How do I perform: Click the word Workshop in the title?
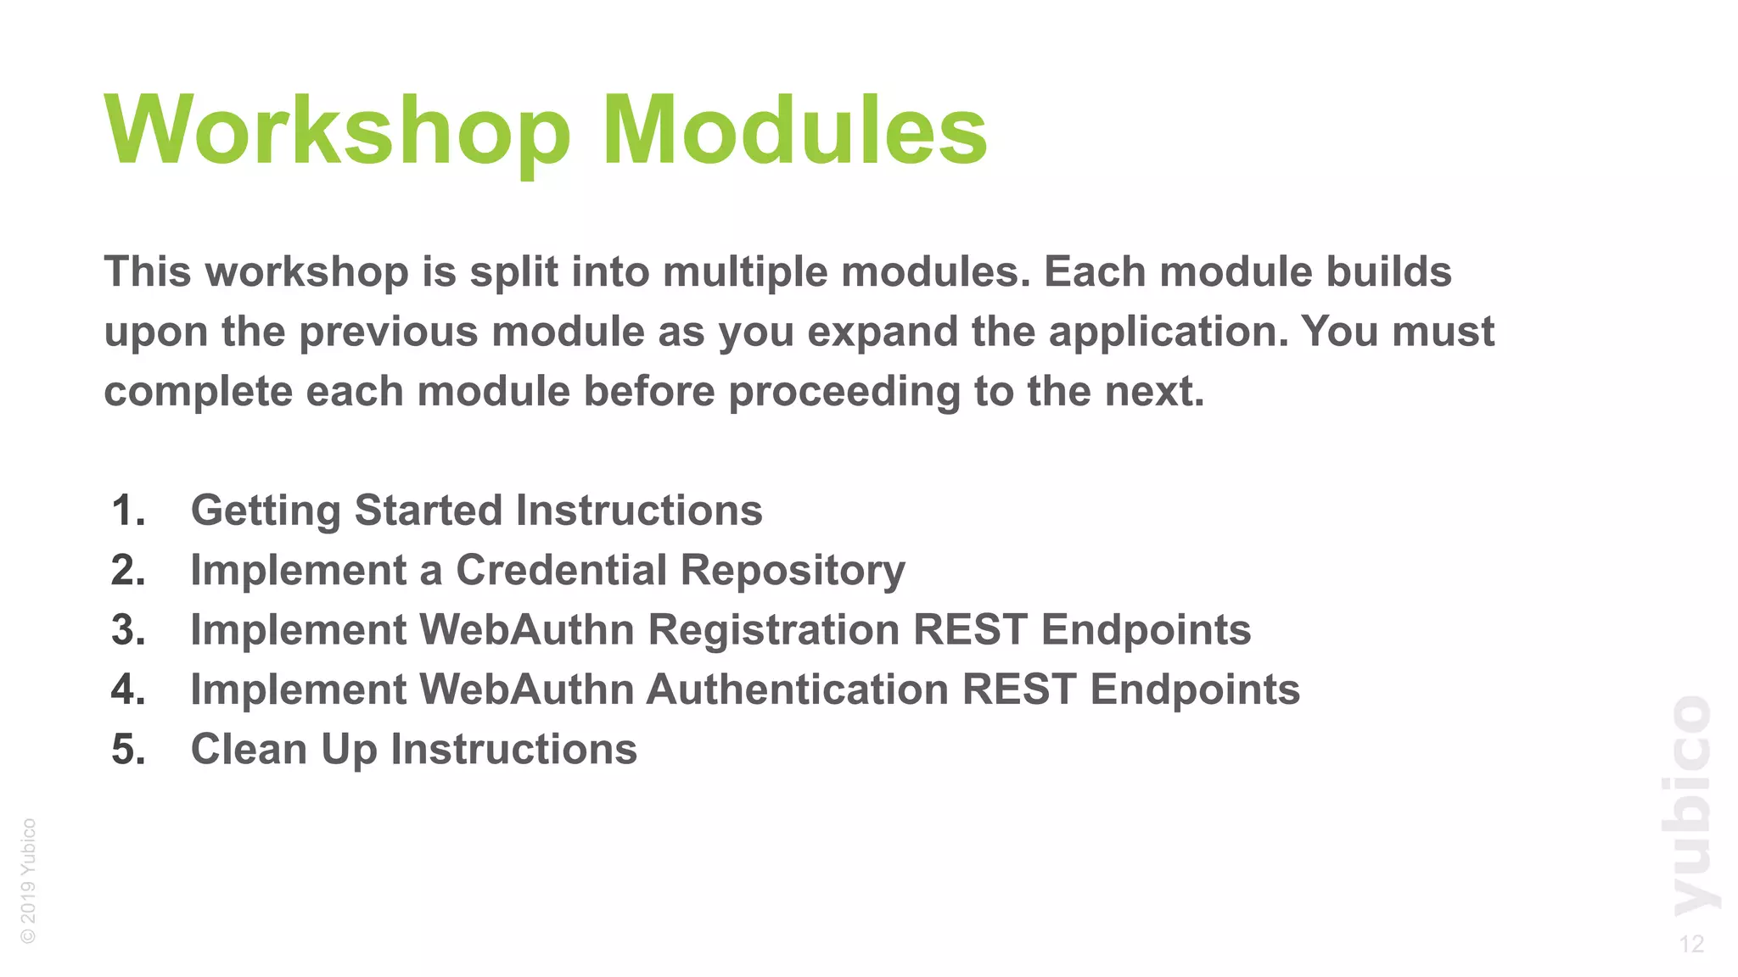pyautogui.click(x=338, y=131)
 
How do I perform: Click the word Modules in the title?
pyautogui.click(x=794, y=131)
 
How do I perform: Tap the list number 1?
pyautogui.click(x=128, y=511)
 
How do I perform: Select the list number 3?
pyautogui.click(x=128, y=630)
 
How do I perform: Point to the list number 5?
pyautogui.click(x=128, y=750)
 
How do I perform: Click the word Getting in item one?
pyautogui.click(x=265, y=511)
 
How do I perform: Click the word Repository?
pyautogui.click(x=793, y=570)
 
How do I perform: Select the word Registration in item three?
pyautogui.click(x=773, y=630)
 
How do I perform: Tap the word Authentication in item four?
pyautogui.click(x=797, y=689)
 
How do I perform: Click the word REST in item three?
pyautogui.click(x=970, y=630)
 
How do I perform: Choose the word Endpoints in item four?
pyautogui.click(x=1195, y=689)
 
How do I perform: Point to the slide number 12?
pyautogui.click(x=1691, y=944)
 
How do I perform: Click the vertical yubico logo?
pyautogui.click(x=1691, y=806)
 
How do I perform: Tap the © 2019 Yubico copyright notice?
pyautogui.click(x=28, y=880)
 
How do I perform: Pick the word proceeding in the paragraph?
pyautogui.click(x=844, y=392)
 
